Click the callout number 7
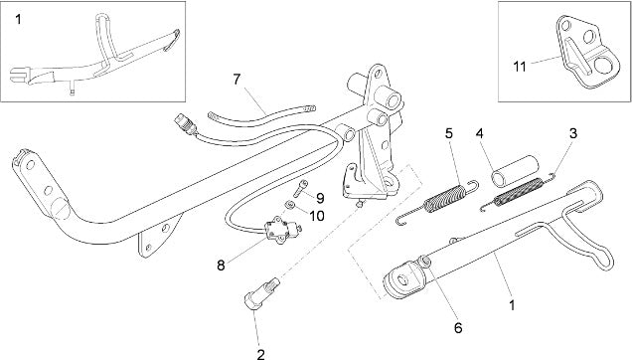click(237, 80)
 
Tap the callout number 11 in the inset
click(520, 67)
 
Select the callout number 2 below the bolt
click(260, 354)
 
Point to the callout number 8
click(221, 266)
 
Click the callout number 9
click(320, 198)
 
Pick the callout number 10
click(317, 216)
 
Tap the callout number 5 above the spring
click(449, 133)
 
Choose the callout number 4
click(479, 133)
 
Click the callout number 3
click(572, 133)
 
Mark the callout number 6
click(458, 328)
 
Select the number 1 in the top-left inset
click(18, 19)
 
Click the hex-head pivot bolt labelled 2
click(260, 294)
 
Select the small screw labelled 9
click(301, 188)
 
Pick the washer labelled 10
click(289, 205)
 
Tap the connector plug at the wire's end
click(184, 122)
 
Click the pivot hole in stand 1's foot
click(402, 279)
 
